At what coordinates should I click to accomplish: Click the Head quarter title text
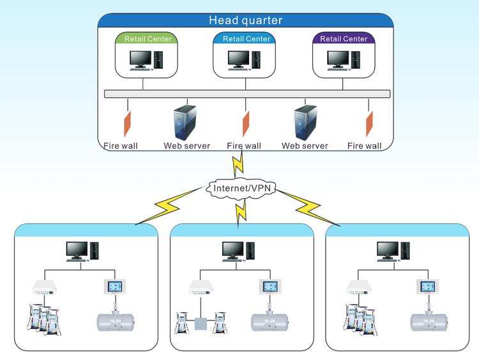(245, 20)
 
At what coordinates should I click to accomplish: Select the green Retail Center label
(148, 39)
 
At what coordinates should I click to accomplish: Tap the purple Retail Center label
(344, 39)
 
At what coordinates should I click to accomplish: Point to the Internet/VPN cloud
(240, 188)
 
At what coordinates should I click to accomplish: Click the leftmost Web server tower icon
(186, 123)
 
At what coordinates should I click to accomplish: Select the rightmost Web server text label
(305, 146)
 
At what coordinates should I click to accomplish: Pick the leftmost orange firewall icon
(128, 122)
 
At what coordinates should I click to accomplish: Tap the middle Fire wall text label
(244, 146)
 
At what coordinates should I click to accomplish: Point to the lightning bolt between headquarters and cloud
(239, 164)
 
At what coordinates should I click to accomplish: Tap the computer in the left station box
(82, 251)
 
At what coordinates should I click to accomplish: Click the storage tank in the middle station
(271, 321)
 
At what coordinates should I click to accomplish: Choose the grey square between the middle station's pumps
(201, 324)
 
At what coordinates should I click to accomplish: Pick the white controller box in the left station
(49, 288)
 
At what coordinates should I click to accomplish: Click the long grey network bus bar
(247, 94)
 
